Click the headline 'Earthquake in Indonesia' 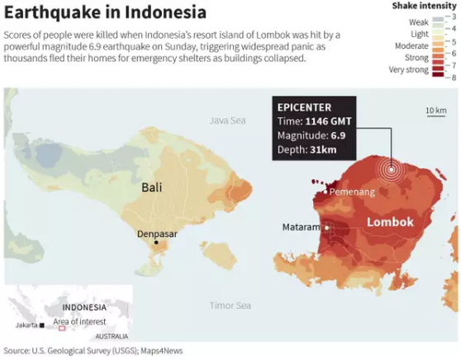pos(105,13)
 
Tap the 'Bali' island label pos(151,187)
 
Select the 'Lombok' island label pos(390,222)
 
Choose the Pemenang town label pos(353,192)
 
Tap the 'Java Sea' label pos(228,121)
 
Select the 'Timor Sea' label pos(230,306)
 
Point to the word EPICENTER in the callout pos(305,107)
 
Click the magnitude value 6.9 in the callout pos(339,136)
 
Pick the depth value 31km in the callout pos(325,150)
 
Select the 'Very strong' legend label pos(408,69)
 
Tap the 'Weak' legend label pos(419,22)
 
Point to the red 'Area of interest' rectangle pos(61,328)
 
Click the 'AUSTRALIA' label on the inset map pos(112,336)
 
